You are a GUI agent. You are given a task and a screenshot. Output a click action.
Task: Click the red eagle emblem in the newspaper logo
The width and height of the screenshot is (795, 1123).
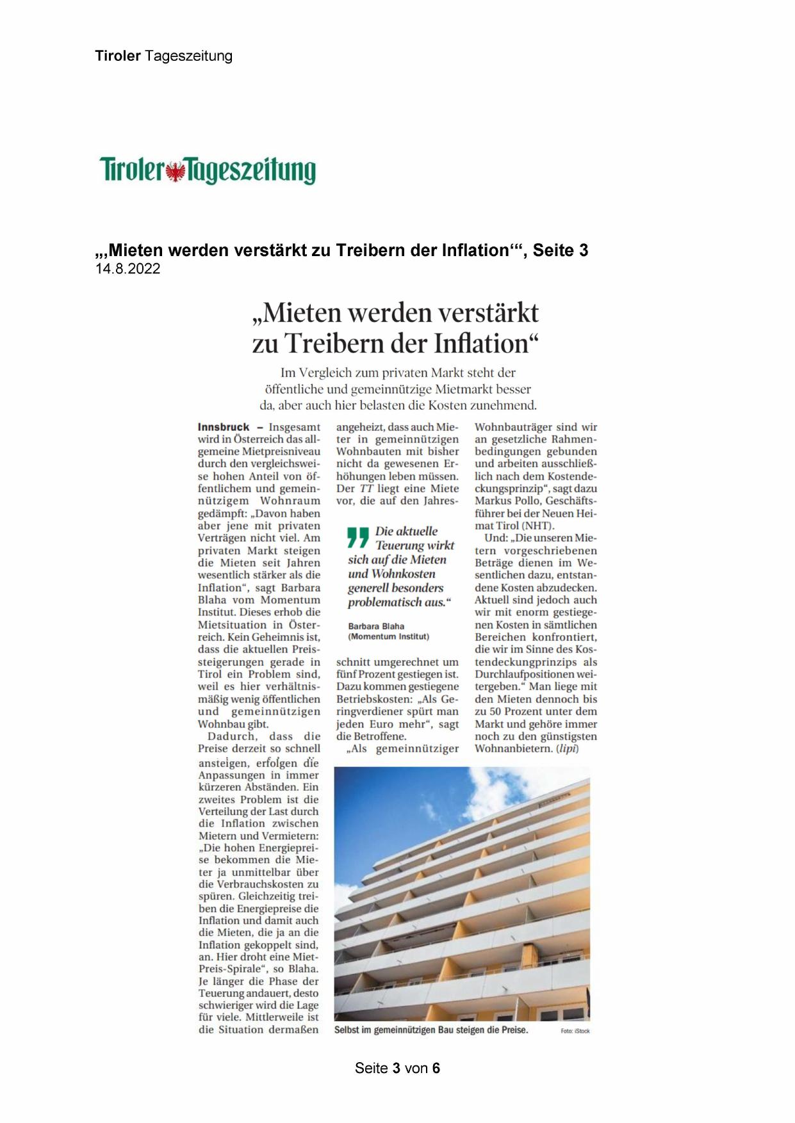coord(175,172)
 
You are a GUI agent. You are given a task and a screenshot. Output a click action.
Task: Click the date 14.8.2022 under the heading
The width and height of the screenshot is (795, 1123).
coord(128,269)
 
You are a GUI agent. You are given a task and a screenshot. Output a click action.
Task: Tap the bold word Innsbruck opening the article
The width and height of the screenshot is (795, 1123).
coord(224,427)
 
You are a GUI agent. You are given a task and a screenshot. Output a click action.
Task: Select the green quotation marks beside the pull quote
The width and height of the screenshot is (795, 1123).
coord(358,537)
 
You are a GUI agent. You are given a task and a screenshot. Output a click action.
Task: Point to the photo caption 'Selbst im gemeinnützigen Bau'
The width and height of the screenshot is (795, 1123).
coord(430,1030)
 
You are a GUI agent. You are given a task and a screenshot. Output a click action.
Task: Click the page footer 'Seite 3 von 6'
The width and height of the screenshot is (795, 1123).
coord(397,1068)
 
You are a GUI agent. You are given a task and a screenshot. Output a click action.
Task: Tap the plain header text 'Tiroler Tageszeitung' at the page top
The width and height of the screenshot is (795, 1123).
coord(163,56)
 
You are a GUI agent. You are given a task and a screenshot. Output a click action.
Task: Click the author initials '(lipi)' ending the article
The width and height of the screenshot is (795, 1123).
coord(566,748)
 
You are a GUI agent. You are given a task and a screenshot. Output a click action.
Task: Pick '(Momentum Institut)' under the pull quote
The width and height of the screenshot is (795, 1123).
coord(388,636)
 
